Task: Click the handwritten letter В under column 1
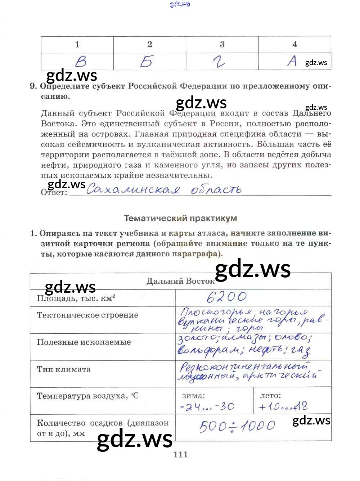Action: (81, 62)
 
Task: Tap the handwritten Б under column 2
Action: (147, 62)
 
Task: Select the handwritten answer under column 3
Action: (219, 62)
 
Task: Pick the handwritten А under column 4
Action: (292, 61)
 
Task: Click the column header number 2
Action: (150, 44)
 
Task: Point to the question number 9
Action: (33, 86)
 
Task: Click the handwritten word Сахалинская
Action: (133, 189)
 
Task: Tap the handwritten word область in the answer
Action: (216, 190)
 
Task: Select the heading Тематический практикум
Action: (180, 218)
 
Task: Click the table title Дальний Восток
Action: (180, 281)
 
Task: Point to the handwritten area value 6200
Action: (227, 297)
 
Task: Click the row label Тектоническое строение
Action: (87, 315)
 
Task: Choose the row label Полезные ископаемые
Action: (84, 342)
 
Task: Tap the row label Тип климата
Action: (64, 369)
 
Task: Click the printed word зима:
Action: (193, 396)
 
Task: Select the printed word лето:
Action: (270, 396)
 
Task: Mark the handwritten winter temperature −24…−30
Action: (207, 407)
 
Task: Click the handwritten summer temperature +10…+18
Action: (283, 407)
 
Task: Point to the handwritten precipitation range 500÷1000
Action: (237, 427)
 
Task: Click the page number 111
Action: (180, 454)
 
